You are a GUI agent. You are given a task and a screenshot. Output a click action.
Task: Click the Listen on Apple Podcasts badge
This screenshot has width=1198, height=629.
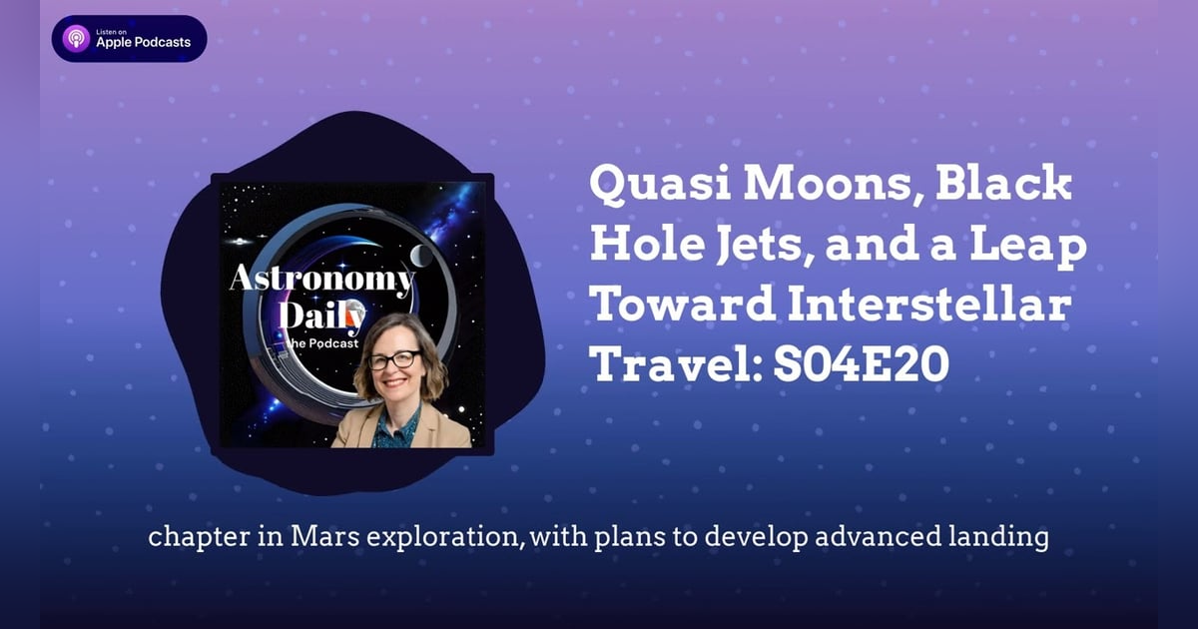[129, 39]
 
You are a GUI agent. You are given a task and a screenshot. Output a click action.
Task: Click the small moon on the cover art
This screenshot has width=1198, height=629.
[423, 257]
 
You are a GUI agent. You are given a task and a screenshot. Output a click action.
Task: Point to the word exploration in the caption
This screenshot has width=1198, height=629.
[439, 537]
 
